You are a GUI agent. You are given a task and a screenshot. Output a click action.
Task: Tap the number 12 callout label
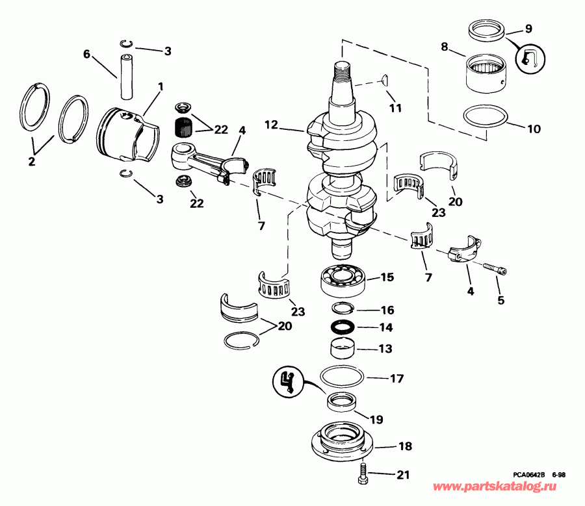pos(270,123)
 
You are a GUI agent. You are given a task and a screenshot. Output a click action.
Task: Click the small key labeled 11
pos(384,80)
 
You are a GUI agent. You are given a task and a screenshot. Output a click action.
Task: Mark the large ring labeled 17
pos(344,376)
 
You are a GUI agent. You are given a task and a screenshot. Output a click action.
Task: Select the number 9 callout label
pos(528,29)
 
